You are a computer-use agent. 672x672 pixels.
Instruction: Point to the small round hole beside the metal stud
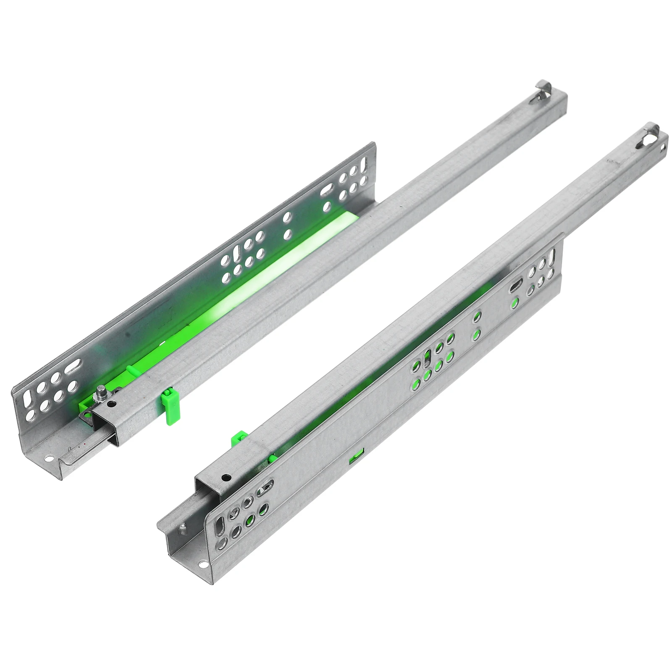point(110,404)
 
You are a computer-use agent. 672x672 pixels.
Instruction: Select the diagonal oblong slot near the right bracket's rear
point(515,287)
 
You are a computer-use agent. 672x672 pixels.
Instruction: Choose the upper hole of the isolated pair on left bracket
point(288,217)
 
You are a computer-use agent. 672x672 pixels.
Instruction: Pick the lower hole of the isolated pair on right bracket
point(476,334)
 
